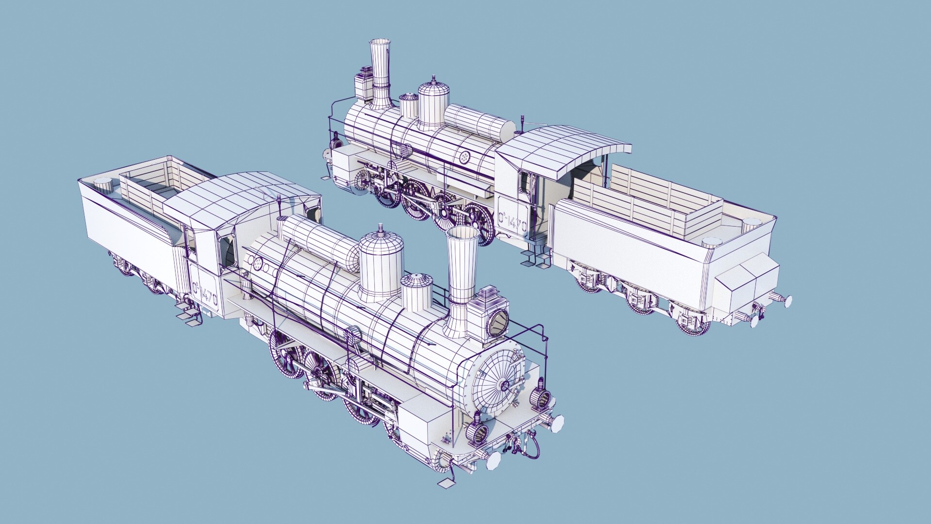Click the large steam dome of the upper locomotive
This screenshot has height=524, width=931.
tap(433, 104)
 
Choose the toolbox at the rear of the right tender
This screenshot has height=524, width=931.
tap(747, 281)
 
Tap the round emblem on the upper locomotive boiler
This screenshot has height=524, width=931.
tap(465, 156)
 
